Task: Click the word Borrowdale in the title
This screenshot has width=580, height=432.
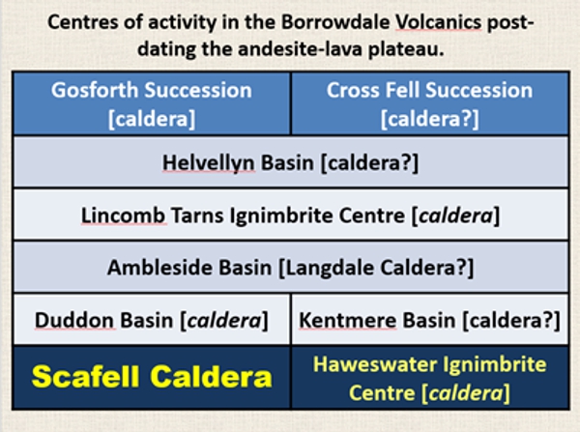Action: pyautogui.click(x=335, y=22)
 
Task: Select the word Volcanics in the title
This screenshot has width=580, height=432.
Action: pyautogui.click(x=438, y=22)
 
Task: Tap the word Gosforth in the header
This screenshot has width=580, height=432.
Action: pyautogui.click(x=95, y=90)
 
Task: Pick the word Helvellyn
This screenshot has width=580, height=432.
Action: pyautogui.click(x=209, y=162)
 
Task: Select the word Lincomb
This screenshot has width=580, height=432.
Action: pyautogui.click(x=124, y=216)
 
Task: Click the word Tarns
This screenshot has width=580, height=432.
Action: pyautogui.click(x=197, y=216)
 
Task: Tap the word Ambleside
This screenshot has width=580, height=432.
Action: pyautogui.click(x=160, y=267)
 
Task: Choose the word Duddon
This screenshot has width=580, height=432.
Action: pyautogui.click(x=74, y=320)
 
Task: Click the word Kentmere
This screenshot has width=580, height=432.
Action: pyautogui.click(x=348, y=320)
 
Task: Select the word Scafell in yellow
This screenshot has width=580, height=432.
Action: pyautogui.click(x=88, y=377)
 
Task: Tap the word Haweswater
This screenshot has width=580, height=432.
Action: pyautogui.click(x=375, y=364)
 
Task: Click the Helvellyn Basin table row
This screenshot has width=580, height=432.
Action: pyautogui.click(x=291, y=162)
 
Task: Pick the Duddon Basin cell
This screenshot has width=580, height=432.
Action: pyautogui.click(x=152, y=320)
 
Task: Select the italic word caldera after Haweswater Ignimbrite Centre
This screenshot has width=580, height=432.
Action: pyautogui.click(x=466, y=392)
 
